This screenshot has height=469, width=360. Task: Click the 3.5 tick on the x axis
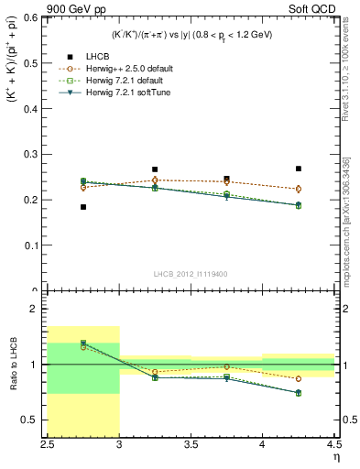(x=191, y=446)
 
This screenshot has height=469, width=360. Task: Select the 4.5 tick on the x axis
(x=333, y=446)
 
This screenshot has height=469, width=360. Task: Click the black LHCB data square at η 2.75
(x=83, y=207)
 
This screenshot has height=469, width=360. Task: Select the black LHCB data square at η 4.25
(x=299, y=169)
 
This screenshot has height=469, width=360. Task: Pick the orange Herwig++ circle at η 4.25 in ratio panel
(x=299, y=378)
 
